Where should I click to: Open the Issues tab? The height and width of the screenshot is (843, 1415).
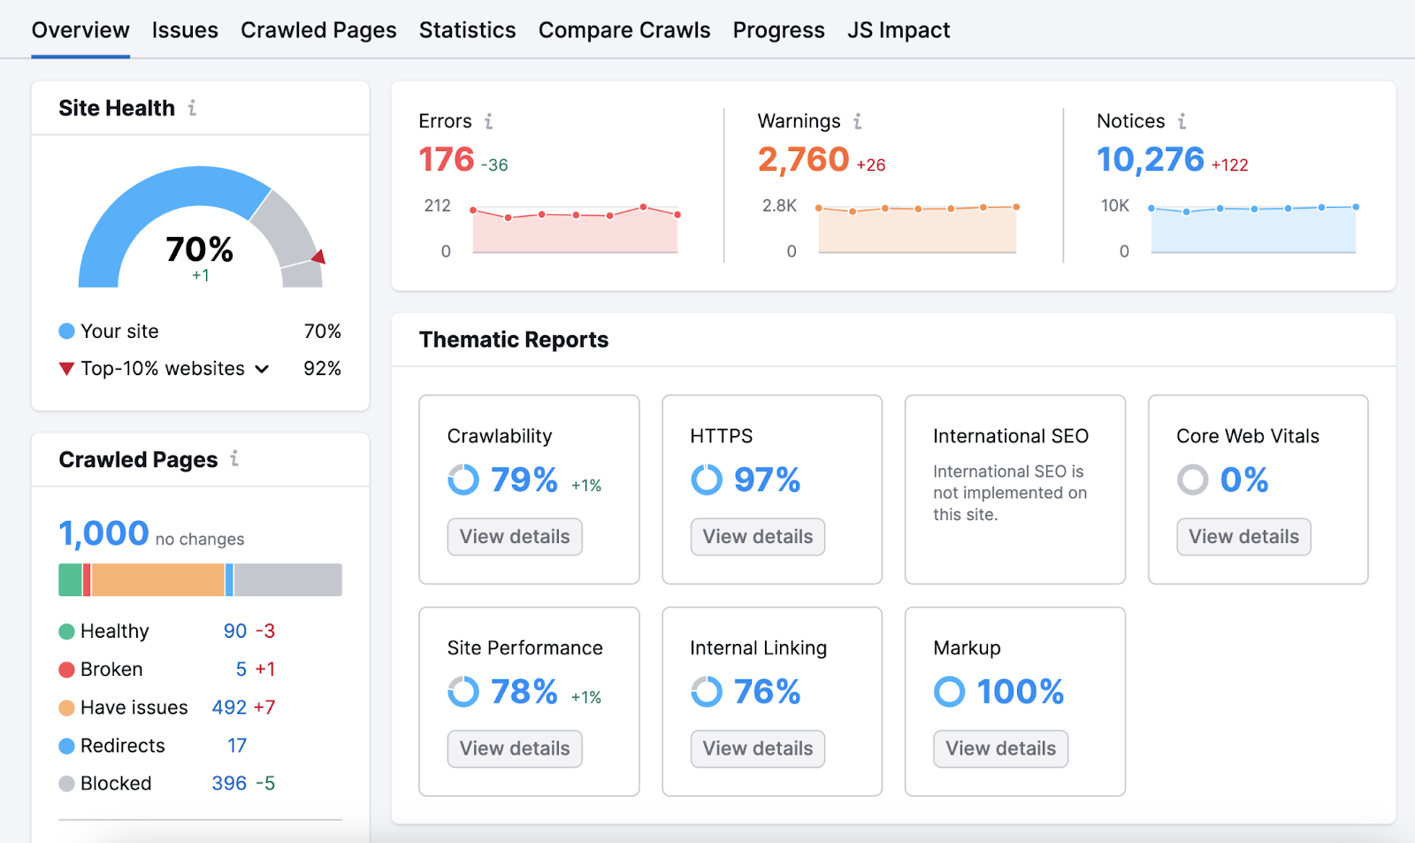[185, 30]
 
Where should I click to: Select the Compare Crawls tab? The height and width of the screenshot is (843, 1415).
[624, 30]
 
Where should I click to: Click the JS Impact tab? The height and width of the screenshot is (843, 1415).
[899, 30]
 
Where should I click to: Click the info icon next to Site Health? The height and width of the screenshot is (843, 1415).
[192, 108]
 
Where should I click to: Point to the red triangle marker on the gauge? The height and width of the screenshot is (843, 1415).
[319, 257]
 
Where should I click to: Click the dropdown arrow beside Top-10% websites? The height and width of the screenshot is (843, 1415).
[262, 369]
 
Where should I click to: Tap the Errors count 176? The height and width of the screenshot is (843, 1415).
[447, 160]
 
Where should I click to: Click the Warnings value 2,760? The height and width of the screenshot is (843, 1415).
[803, 160]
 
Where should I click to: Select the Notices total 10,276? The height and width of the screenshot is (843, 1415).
[1150, 160]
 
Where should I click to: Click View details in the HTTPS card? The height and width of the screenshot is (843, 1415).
[758, 537]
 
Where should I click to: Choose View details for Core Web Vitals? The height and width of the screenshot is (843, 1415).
[1243, 537]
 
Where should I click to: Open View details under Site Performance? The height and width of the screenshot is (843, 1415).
[515, 748]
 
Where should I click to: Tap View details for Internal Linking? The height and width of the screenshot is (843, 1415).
[758, 748]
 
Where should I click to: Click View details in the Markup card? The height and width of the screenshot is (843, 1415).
[1000, 748]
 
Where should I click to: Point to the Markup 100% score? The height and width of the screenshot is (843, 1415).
[1020, 692]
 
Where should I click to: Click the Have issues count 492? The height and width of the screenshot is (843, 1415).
[229, 708]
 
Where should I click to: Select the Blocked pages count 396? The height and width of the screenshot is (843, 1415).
[229, 784]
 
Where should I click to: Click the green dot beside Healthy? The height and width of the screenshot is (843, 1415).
[66, 632]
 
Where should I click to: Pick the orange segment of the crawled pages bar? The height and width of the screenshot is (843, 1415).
[157, 580]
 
